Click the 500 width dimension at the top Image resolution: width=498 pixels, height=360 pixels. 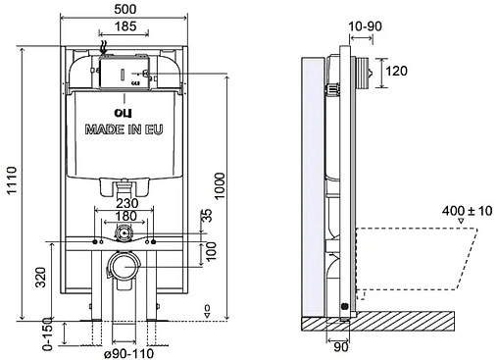[x=125, y=9]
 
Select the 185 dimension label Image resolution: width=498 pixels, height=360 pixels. [x=125, y=26]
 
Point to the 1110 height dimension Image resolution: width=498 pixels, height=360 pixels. [x=12, y=180]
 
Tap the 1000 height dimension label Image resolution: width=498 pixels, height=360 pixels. [x=220, y=185]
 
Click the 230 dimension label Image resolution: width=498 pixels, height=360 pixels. [x=127, y=203]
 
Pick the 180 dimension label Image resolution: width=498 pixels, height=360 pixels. [x=126, y=216]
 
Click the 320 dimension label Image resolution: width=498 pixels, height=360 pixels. [x=41, y=278]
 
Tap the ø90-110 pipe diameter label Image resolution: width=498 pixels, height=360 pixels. [x=128, y=353]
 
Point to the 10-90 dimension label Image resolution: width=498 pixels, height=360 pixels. [x=365, y=26]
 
